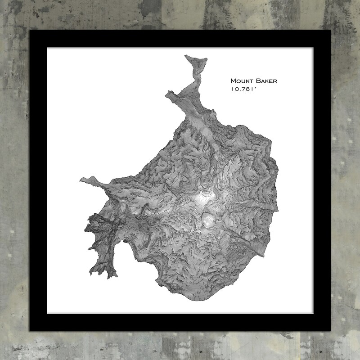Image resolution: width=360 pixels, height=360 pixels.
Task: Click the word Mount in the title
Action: (x=243, y=81)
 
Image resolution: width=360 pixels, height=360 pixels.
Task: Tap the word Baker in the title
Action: (x=267, y=81)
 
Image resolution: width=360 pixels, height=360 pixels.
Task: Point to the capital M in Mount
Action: (x=234, y=81)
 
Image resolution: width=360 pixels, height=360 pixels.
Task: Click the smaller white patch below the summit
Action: (x=209, y=221)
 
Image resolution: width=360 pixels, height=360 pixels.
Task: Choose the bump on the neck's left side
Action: (x=169, y=94)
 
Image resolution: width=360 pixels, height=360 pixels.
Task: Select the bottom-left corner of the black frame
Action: (x=30, y=331)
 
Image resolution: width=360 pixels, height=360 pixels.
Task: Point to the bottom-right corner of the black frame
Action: (x=330, y=331)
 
